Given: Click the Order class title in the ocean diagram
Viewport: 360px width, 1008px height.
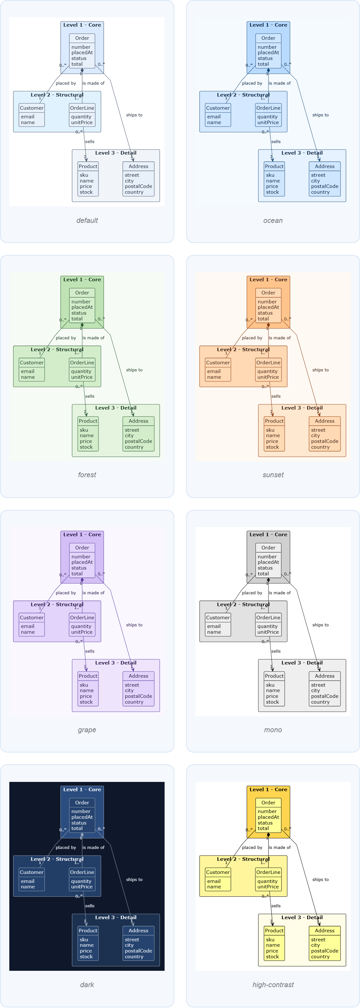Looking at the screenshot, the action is [269, 38].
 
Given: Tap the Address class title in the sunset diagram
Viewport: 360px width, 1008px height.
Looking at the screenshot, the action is [325, 421].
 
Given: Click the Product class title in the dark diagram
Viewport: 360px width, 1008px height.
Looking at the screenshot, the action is [88, 930].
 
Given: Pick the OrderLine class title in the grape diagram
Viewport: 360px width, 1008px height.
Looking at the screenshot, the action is [82, 617].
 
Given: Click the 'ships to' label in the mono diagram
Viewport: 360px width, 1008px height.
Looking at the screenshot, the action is [321, 625].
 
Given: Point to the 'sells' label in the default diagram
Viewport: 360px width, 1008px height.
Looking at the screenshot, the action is [90, 142].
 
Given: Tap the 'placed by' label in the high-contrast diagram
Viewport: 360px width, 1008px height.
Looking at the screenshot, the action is [252, 848].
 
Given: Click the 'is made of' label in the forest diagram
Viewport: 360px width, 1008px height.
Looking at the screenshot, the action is [93, 338].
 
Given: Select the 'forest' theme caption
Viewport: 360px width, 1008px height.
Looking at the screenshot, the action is [87, 475].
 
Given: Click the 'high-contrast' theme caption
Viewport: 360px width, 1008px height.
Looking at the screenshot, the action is [273, 985].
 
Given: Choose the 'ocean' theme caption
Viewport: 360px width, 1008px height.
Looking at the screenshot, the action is [273, 220].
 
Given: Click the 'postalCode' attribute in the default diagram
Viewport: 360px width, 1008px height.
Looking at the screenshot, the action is [139, 186].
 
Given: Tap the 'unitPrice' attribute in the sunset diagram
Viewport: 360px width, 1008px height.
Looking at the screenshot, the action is [268, 377].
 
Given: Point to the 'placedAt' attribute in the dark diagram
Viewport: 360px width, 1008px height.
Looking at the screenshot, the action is [82, 817].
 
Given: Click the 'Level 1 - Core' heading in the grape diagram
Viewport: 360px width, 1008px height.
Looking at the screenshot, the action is [82, 535].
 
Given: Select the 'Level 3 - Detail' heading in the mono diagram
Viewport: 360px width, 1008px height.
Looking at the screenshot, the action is [302, 663].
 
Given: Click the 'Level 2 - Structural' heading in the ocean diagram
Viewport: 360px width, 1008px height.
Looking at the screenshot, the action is [244, 95].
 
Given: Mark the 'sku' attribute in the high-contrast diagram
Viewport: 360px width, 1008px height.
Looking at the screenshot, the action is [270, 939].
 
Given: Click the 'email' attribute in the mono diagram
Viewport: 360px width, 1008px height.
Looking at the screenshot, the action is [214, 626].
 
